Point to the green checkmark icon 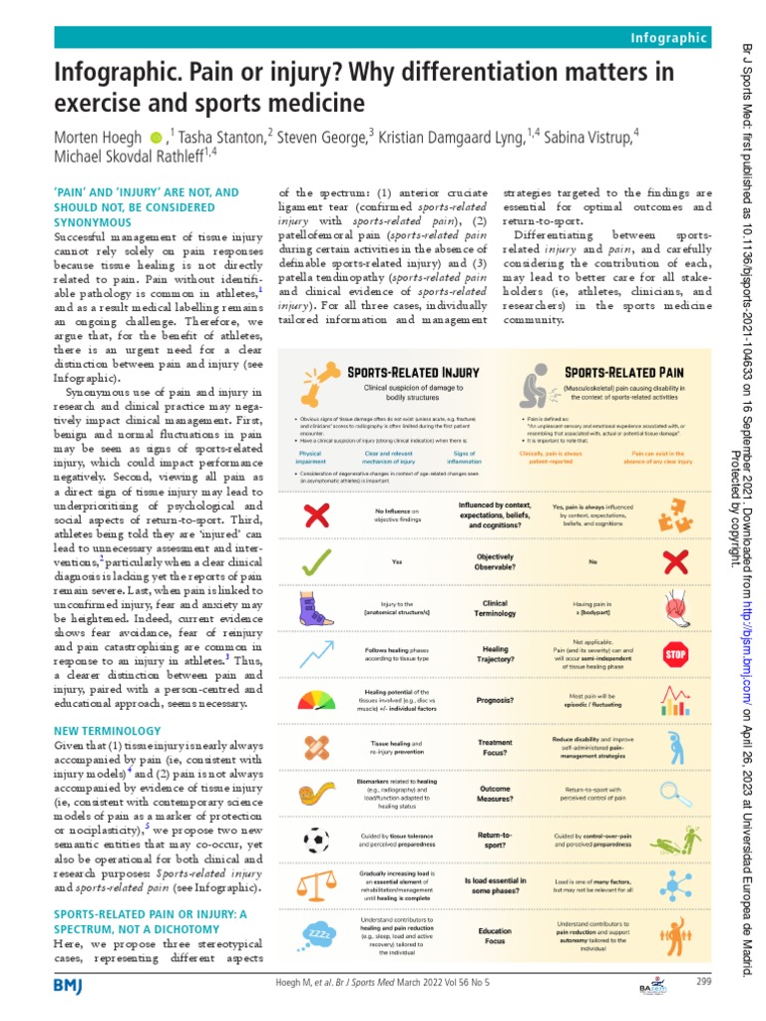[x=316, y=562]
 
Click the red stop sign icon [x=675, y=653]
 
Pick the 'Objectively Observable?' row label [x=496, y=562]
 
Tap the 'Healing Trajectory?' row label [x=496, y=653]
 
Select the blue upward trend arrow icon [x=316, y=652]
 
